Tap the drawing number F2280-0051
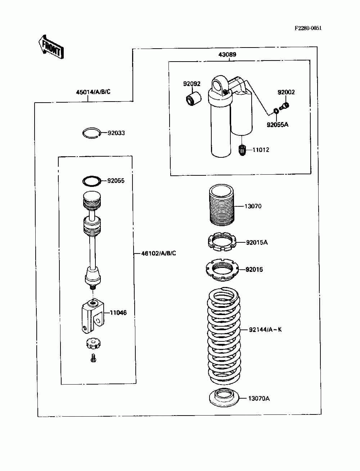tap(308, 28)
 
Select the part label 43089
tap(227, 55)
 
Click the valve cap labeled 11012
tap(242, 150)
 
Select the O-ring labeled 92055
tap(91, 181)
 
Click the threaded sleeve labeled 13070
tap(222, 204)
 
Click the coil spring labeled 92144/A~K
tap(224, 335)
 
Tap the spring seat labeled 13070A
tap(224, 398)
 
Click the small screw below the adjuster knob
tap(93, 358)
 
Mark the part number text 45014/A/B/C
tap(93, 92)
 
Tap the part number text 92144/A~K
tap(265, 329)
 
